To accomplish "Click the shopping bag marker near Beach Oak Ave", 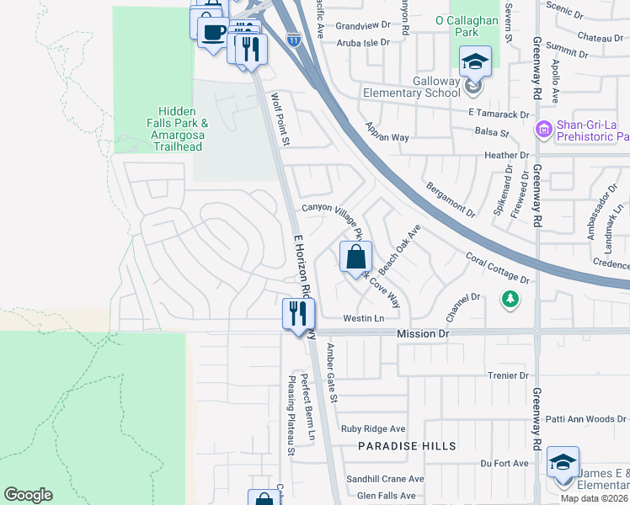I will click(x=355, y=257).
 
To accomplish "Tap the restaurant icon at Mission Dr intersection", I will click(x=298, y=315).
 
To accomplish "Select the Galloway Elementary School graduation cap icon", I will click(x=475, y=61).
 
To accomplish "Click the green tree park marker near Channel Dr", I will click(x=509, y=299).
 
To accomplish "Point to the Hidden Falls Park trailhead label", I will click(x=176, y=129).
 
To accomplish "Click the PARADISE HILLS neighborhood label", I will click(x=407, y=445).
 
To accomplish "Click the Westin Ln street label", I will click(x=363, y=319).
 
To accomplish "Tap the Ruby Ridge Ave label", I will click(x=373, y=428).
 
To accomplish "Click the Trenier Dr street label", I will click(x=505, y=375).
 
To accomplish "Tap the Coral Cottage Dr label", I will click(x=497, y=267).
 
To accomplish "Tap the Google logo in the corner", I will click(x=28, y=495).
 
